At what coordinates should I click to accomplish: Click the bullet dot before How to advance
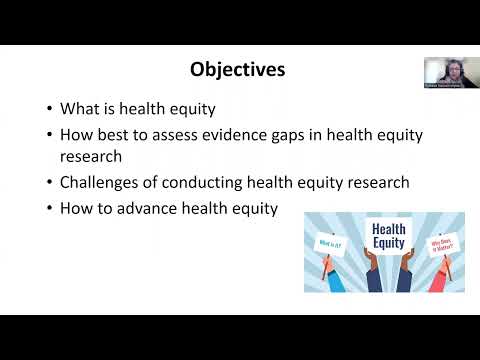click(x=50, y=209)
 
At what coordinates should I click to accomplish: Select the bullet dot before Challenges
click(x=50, y=183)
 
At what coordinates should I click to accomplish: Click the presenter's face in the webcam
click(x=444, y=70)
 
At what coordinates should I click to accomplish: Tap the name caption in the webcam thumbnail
click(x=443, y=87)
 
